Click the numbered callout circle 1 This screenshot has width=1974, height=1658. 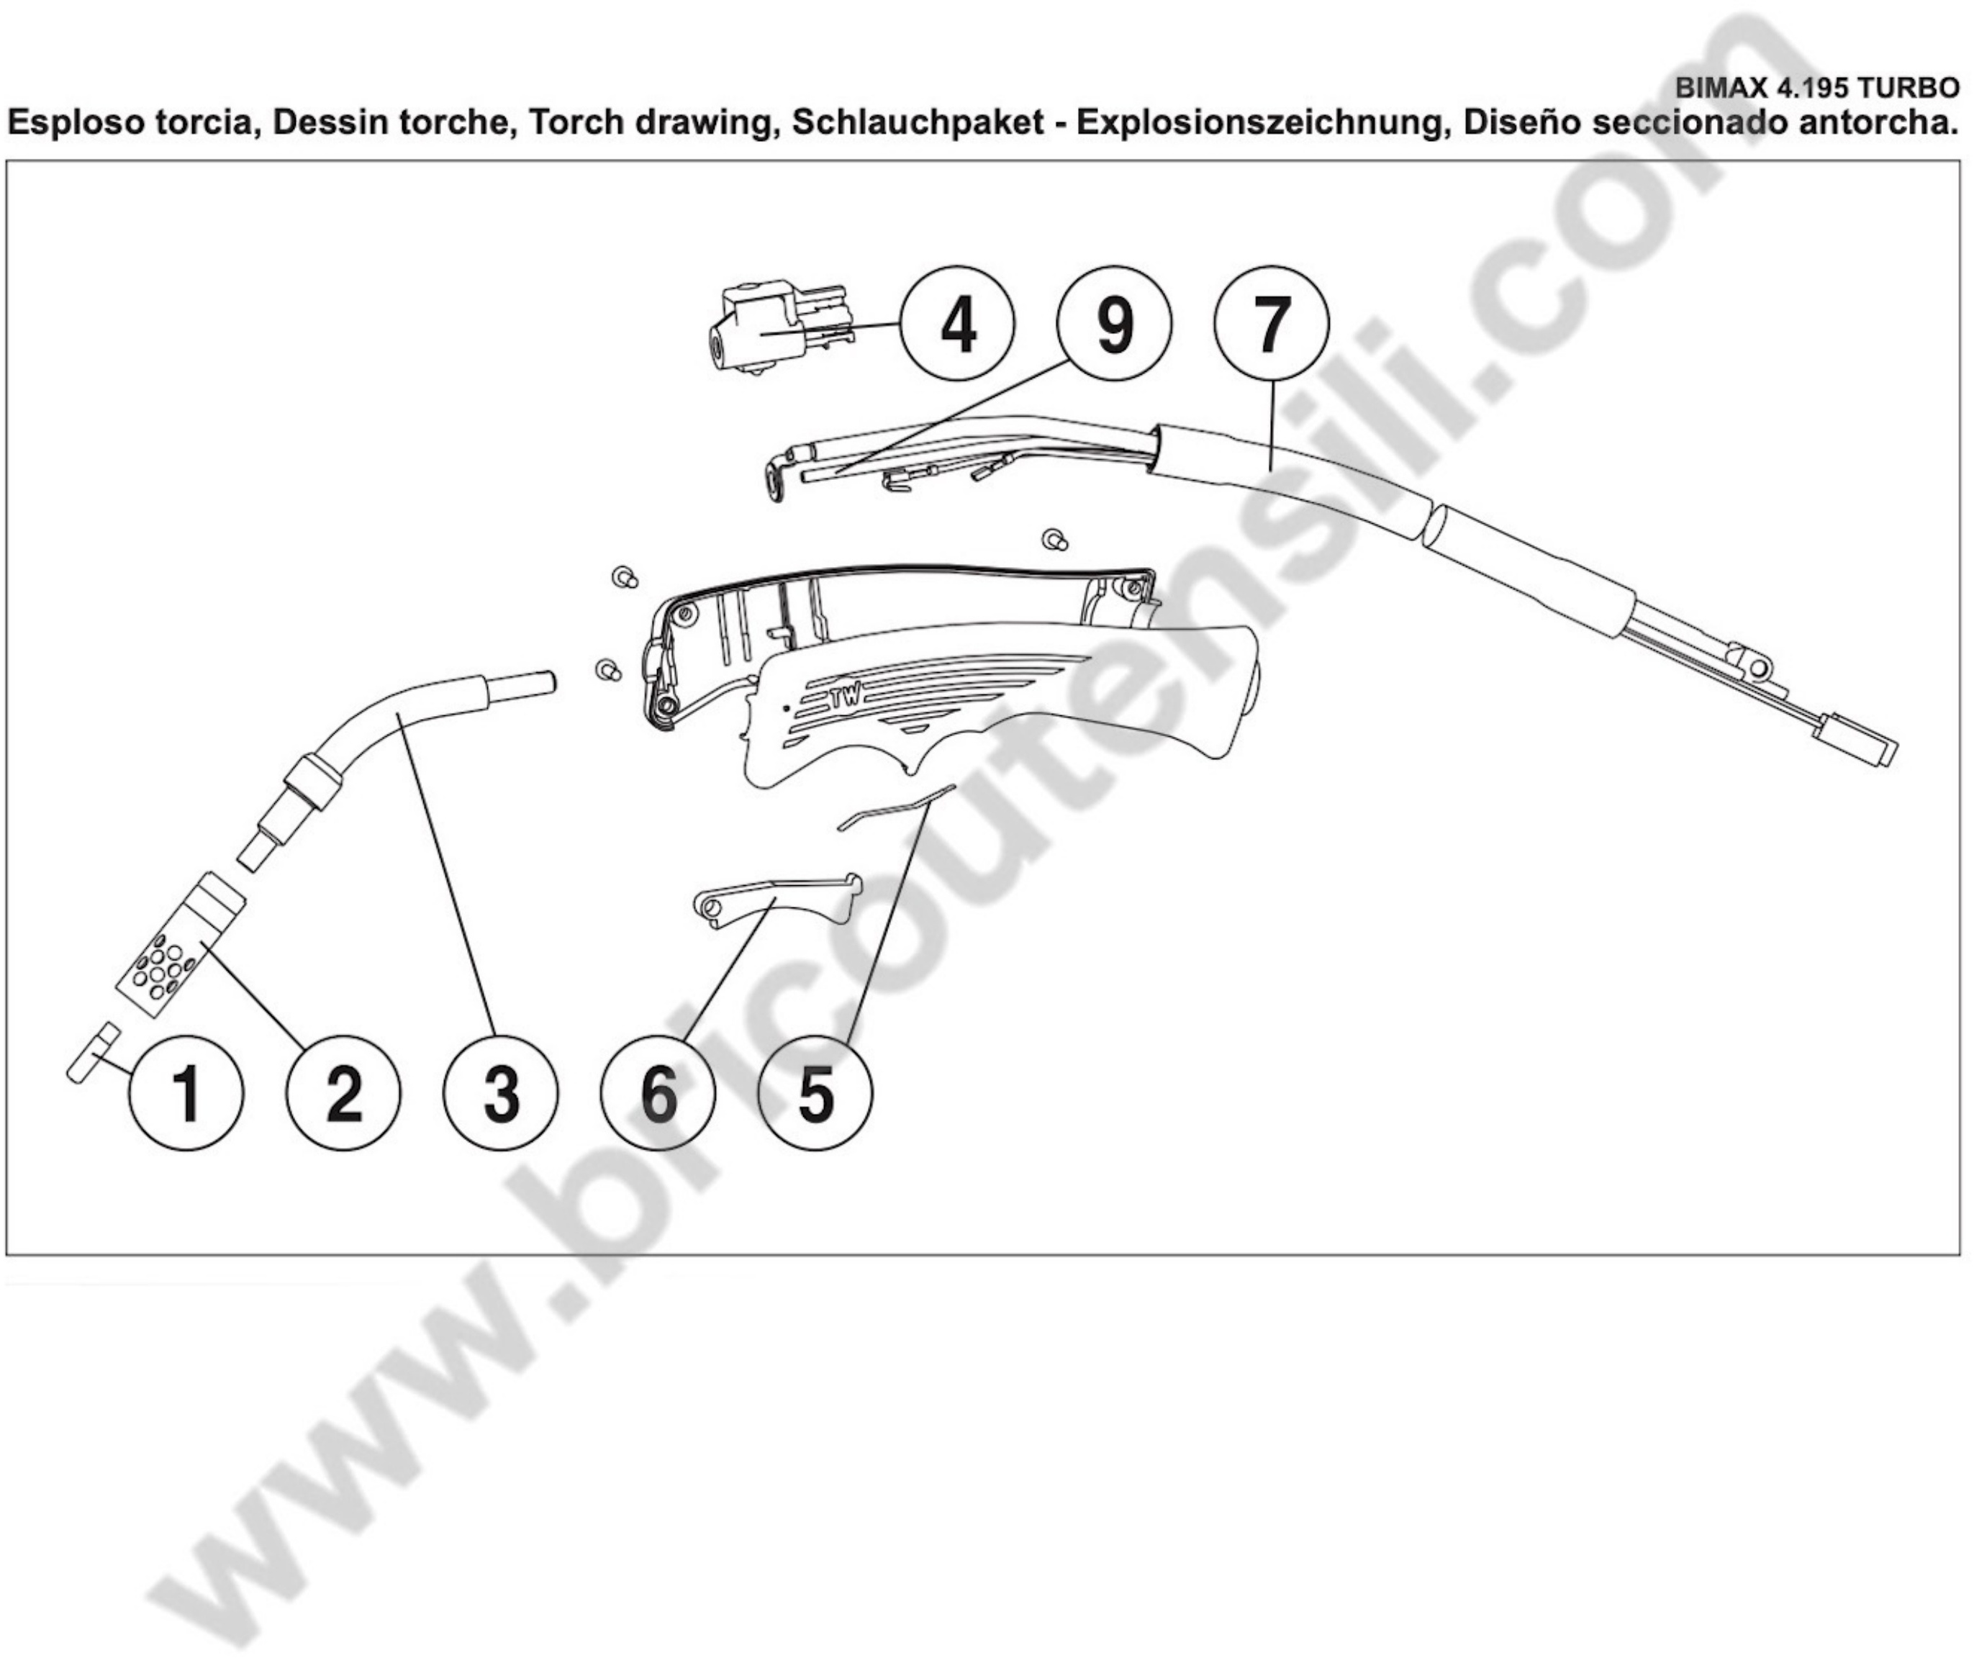pyautogui.click(x=187, y=1093)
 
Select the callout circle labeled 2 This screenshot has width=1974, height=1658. pyautogui.click(x=344, y=1093)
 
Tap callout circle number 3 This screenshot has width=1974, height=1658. pyautogui.click(x=501, y=1093)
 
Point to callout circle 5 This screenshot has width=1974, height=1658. pyautogui.click(x=815, y=1093)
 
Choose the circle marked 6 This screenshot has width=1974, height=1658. pyautogui.click(x=658, y=1093)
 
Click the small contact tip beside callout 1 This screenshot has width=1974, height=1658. pyautogui.click(x=93, y=1053)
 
